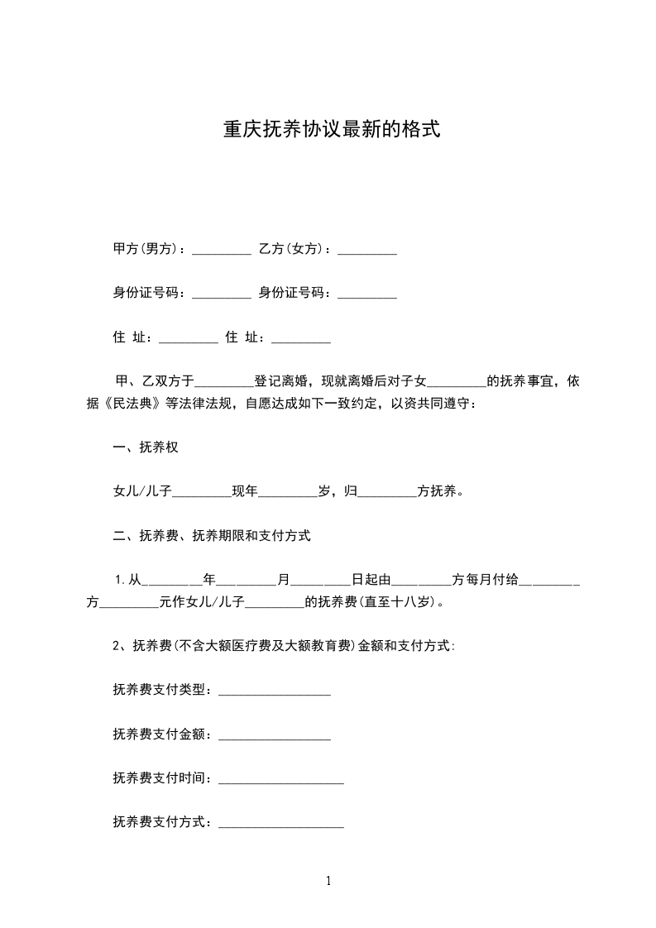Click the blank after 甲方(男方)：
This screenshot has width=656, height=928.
pyautogui.click(x=221, y=248)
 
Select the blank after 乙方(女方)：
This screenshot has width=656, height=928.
pyautogui.click(x=367, y=248)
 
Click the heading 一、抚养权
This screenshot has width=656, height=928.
pyautogui.click(x=146, y=447)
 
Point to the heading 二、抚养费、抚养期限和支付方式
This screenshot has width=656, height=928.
pyautogui.click(x=212, y=536)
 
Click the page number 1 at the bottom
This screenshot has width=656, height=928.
pyautogui.click(x=328, y=882)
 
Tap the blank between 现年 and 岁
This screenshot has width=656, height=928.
pyautogui.click(x=289, y=492)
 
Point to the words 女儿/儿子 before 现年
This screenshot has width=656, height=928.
pyautogui.click(x=141, y=492)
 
